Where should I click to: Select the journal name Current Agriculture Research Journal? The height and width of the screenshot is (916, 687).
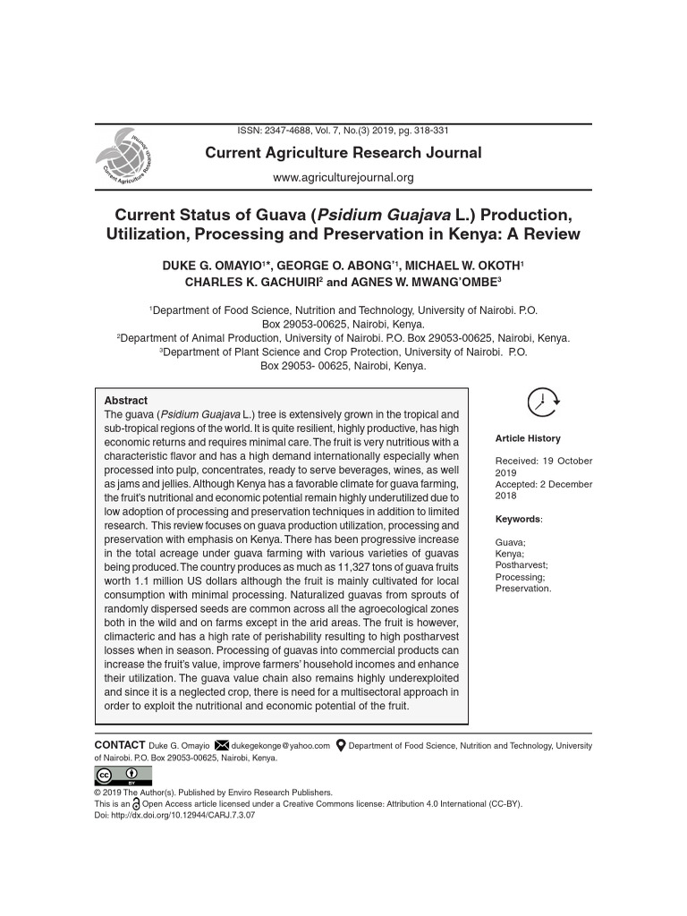[343, 153]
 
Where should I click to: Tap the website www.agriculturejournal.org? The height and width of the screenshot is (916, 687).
[343, 177]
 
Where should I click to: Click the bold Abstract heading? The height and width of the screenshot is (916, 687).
[126, 401]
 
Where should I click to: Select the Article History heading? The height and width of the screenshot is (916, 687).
[528, 438]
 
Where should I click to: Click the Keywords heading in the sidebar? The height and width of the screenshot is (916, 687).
[518, 519]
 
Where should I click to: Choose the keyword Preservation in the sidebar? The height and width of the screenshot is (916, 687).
[523, 589]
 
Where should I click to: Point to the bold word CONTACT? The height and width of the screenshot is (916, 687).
[119, 745]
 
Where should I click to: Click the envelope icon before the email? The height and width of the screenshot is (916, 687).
[222, 745]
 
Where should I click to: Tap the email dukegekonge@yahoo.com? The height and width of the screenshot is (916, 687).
[281, 745]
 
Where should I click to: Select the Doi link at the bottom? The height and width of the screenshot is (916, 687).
[174, 815]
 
